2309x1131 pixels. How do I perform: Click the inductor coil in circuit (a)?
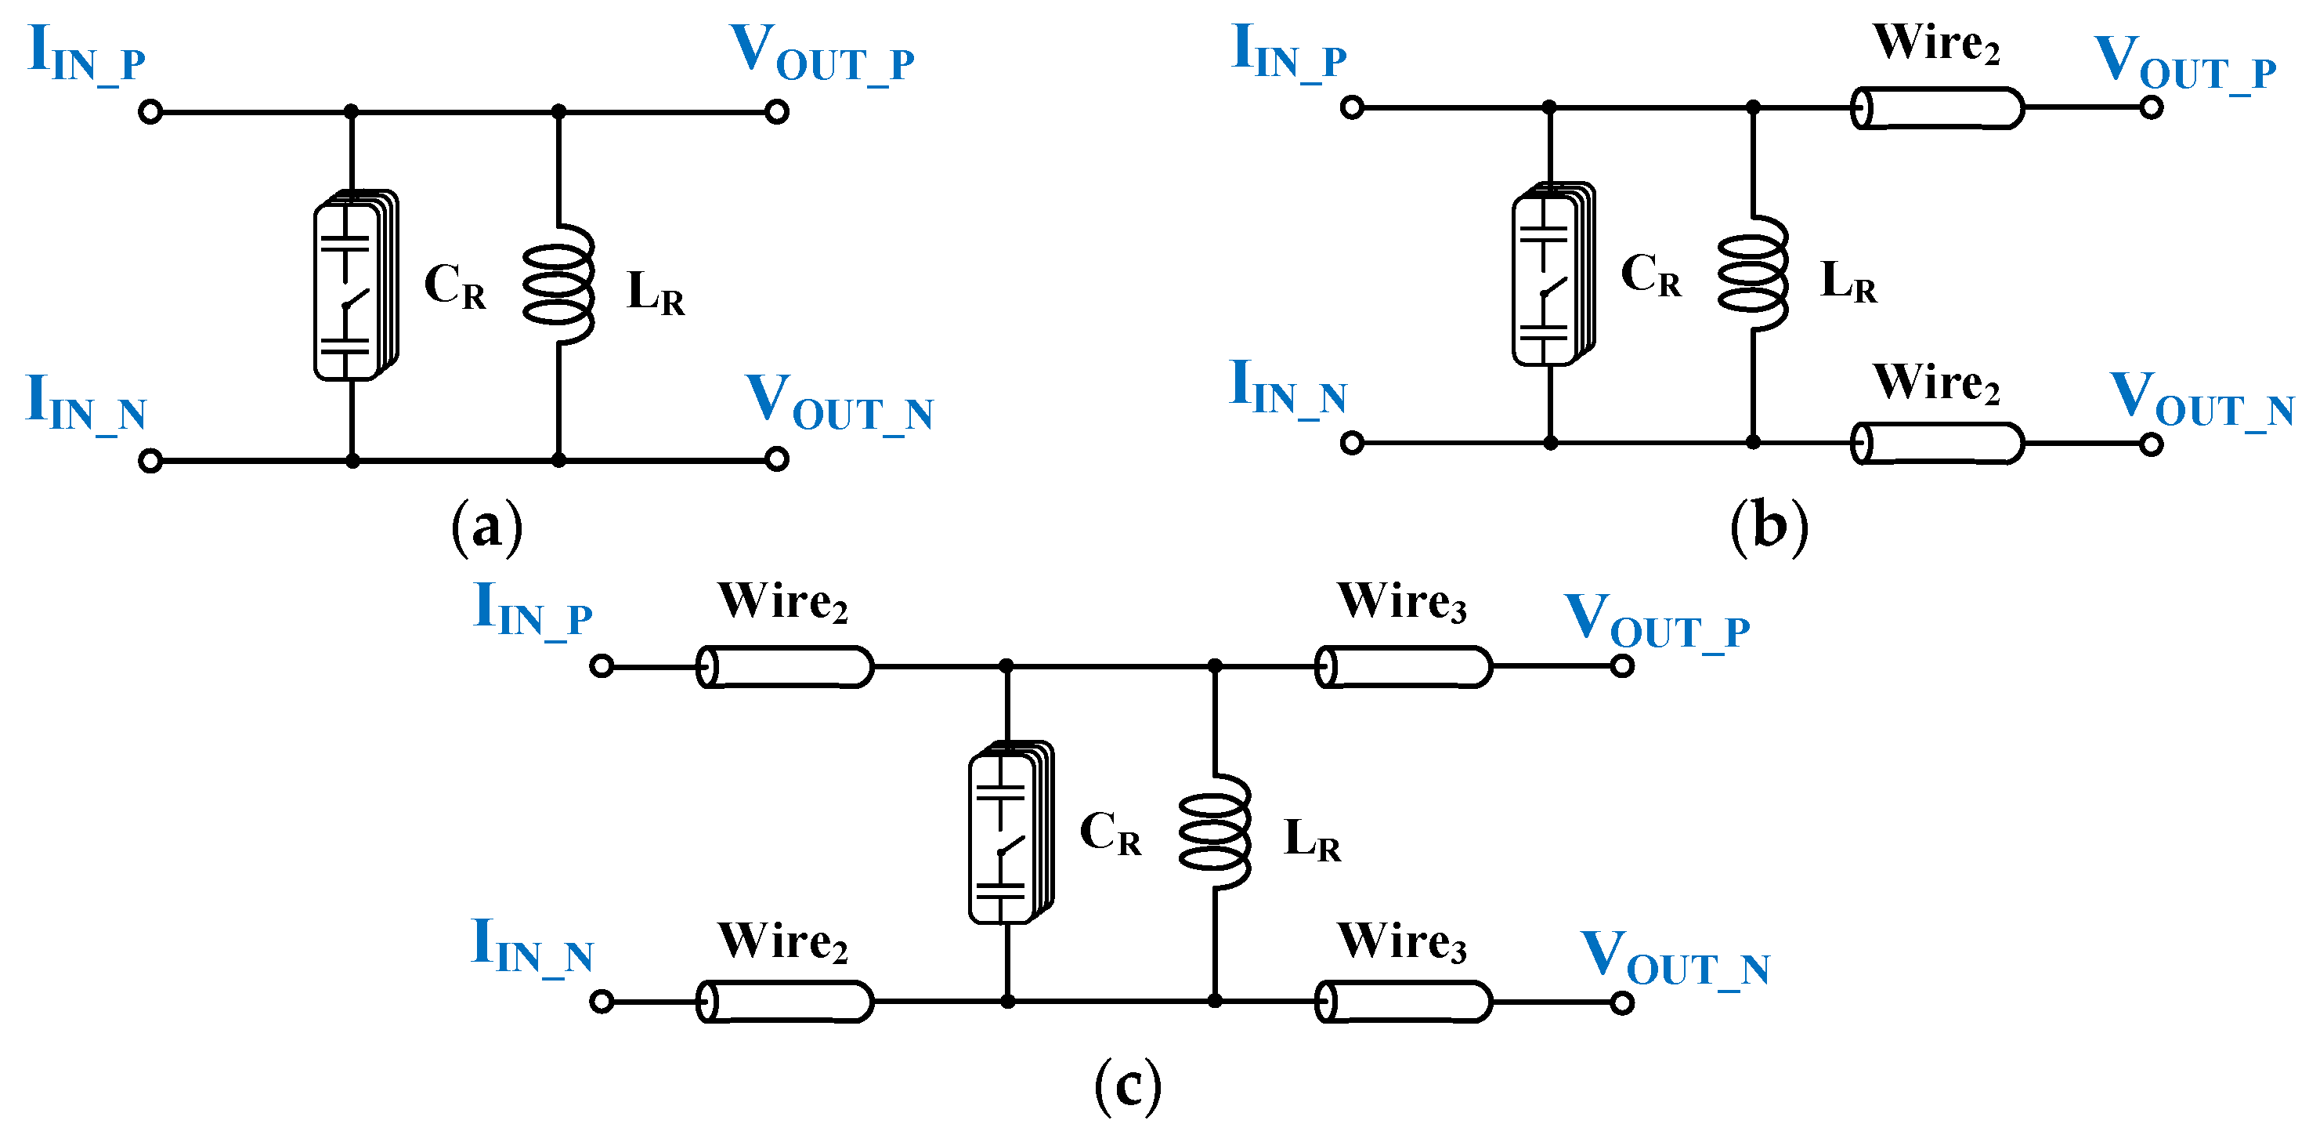pos(558,285)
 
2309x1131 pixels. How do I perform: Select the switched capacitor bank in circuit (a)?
pos(354,285)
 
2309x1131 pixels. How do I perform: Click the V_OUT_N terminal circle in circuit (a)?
pos(777,459)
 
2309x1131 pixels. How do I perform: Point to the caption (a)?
pos(486,527)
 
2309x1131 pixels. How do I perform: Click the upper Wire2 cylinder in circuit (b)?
pos(1937,107)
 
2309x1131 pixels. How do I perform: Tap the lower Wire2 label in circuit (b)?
pos(1936,384)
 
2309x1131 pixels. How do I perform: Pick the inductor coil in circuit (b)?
pos(1752,274)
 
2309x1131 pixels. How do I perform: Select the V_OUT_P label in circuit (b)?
pos(2184,63)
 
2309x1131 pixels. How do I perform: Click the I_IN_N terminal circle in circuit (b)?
pos(1352,442)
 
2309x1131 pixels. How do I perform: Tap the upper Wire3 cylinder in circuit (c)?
pos(1403,666)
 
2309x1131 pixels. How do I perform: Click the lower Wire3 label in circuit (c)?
pos(1402,943)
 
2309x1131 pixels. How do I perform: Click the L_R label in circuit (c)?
pos(1311,840)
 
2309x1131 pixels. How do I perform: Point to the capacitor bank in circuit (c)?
pos(1010,832)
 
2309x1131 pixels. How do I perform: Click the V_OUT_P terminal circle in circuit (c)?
pos(1621,666)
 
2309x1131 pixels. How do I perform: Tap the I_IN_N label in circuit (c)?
pos(533,947)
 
